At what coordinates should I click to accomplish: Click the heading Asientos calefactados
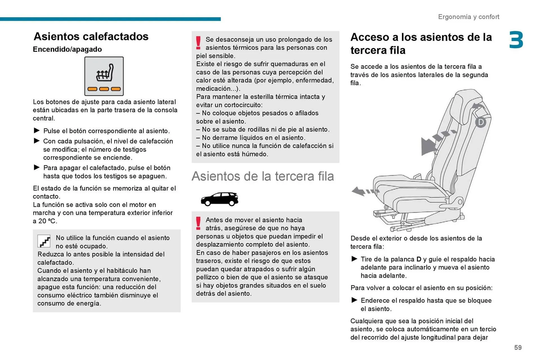pos(91,36)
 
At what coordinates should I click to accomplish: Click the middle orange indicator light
pos(104,89)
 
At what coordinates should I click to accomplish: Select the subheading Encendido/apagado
pos(67,49)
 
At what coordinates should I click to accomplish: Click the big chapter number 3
pos(516,40)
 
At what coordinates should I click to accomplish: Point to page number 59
pos(518,347)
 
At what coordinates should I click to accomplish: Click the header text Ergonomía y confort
pos(469,17)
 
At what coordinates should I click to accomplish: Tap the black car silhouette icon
pos(219,199)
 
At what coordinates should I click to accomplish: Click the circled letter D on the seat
pos(481,122)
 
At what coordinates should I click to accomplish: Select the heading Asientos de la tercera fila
pos(263,176)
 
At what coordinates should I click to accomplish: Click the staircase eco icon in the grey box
pos(44,241)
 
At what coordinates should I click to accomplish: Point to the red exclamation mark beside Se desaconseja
pos(198,43)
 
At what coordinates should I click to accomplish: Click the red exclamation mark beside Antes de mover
pos(198,223)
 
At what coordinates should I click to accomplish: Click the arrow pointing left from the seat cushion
pos(361,191)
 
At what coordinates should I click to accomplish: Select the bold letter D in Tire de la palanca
pos(419,259)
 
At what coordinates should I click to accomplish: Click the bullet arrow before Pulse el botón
pos(37,130)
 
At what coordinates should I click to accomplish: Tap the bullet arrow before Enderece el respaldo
pos(354,300)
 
